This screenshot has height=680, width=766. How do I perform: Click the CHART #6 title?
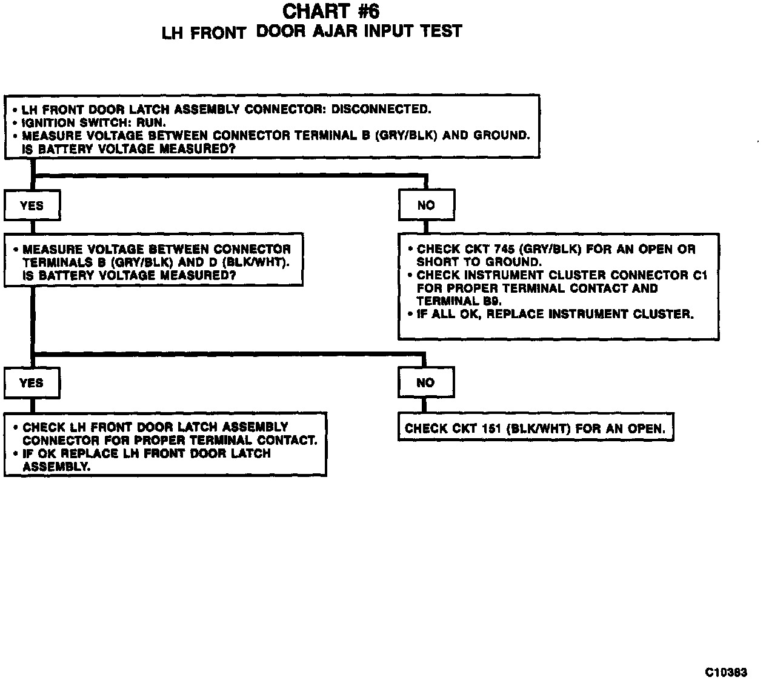pos(331,11)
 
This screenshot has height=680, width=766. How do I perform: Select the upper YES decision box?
pos(32,205)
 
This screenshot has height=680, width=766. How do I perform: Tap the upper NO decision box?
pos(426,205)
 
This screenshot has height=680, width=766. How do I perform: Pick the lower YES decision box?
pos(32,383)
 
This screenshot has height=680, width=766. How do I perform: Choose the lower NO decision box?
pos(425,383)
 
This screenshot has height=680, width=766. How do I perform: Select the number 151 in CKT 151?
pos(491,428)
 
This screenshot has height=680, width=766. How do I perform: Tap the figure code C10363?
pos(726,672)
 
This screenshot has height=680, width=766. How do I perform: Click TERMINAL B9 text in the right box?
pos(459,301)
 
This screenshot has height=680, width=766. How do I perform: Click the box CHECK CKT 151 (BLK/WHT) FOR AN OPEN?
pos(535,428)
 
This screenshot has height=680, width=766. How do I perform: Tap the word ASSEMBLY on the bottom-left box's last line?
pos(56,467)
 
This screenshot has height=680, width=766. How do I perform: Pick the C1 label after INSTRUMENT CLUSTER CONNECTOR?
pos(699,275)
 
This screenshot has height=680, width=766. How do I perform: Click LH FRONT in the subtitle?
pos(204,33)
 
